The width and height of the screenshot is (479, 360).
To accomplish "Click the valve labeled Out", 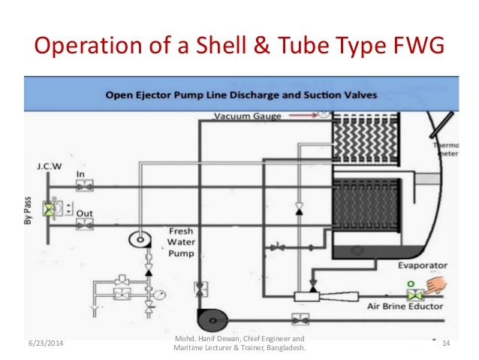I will point(86,223).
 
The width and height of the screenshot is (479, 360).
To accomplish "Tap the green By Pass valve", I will point(50,210).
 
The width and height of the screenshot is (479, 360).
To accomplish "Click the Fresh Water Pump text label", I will point(182,243).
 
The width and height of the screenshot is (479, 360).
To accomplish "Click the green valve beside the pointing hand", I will point(412,292).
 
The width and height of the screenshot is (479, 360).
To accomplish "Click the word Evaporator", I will point(423,265).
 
